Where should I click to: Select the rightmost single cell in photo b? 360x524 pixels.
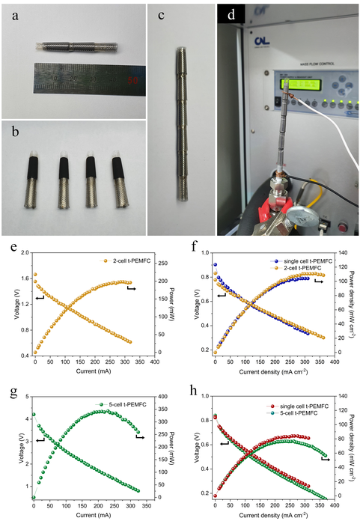click(x=119, y=180)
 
